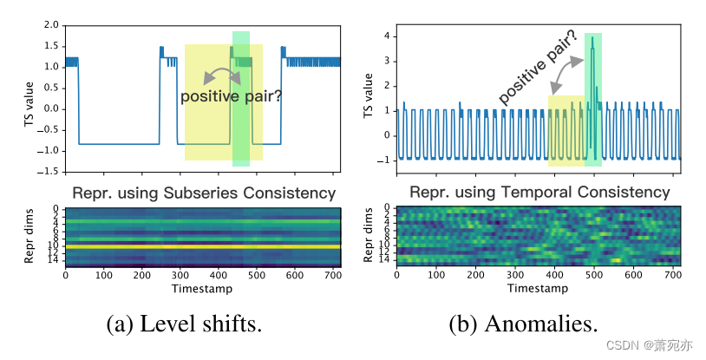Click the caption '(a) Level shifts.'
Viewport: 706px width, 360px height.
(x=183, y=324)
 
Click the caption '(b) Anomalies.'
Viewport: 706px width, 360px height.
(x=523, y=324)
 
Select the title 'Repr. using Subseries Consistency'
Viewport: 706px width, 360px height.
(x=204, y=193)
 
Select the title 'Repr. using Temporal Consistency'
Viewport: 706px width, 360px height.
(x=538, y=192)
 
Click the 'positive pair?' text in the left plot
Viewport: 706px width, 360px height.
(x=231, y=96)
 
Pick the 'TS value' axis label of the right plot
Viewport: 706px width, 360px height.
(x=367, y=97)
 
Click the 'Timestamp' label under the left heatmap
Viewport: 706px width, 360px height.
(x=203, y=288)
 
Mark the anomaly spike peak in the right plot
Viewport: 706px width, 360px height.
(x=593, y=37)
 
